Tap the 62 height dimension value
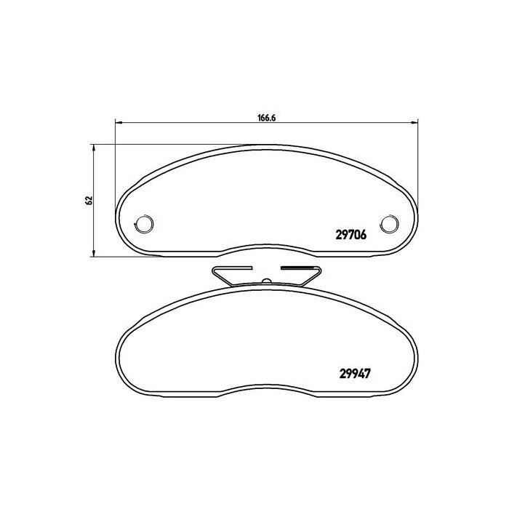coord(88,200)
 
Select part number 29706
coord(350,235)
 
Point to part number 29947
coord(356,376)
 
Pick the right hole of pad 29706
coord(390,223)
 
